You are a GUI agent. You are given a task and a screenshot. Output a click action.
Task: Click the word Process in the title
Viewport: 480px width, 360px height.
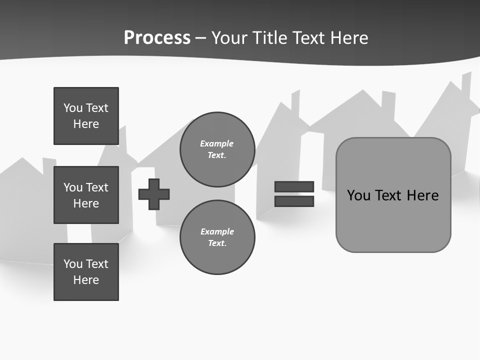[x=157, y=38]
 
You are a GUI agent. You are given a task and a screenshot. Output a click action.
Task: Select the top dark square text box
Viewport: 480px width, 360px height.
[x=86, y=116]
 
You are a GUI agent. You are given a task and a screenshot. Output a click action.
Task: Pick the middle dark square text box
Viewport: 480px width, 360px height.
[x=86, y=195]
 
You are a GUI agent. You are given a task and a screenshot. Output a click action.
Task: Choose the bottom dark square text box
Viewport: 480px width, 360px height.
[x=86, y=272]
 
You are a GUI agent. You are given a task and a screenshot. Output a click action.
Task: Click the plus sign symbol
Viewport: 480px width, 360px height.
[x=154, y=194]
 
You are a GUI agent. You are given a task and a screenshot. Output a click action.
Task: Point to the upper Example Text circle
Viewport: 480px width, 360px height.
[x=217, y=149]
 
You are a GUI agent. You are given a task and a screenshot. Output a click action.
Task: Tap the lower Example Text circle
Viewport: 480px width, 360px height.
[x=217, y=237]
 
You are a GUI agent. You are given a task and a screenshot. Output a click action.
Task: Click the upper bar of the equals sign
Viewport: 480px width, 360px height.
[x=294, y=187]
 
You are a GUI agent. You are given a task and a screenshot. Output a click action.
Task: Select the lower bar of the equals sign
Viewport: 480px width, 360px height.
[x=294, y=201]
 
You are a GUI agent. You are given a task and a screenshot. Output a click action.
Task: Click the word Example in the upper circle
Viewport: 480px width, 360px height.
[x=216, y=143]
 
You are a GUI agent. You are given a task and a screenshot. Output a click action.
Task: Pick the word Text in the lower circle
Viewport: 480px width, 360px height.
[x=217, y=243]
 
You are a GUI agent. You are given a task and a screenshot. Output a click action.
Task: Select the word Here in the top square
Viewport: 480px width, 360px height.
[x=86, y=124]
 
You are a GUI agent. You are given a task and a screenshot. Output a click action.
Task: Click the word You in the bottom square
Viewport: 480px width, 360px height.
[x=73, y=264]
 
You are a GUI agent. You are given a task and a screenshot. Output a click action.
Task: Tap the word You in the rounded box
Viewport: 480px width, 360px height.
[x=358, y=195]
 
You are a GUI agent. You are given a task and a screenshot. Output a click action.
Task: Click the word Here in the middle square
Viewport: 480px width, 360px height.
[x=86, y=203]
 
